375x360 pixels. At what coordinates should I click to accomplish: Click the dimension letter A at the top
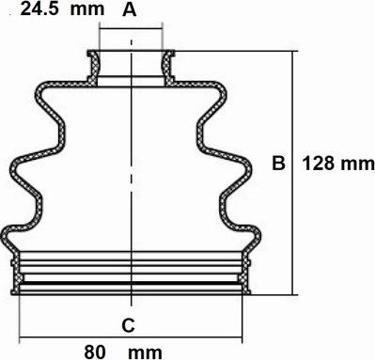coord(130,9)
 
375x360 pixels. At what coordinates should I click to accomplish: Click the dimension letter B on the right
coord(278,164)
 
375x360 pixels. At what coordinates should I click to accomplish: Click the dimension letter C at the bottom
coord(128,325)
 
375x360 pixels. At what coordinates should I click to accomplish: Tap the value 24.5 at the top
coord(39,9)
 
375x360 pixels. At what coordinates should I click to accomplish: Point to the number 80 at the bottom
coord(95,352)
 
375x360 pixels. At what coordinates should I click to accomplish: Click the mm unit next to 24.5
coord(87,10)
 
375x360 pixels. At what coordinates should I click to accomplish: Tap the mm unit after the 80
coord(146,353)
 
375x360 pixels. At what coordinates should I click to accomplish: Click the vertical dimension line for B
coord(292,173)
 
